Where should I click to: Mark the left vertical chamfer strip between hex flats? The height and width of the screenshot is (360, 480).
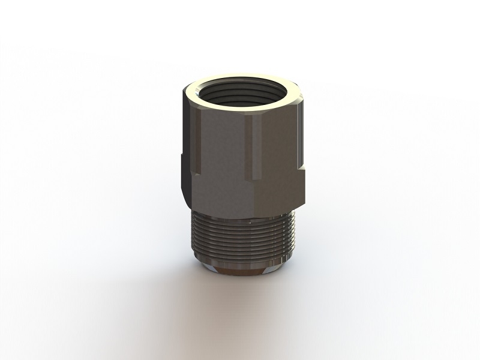pyautogui.click(x=196, y=144)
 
